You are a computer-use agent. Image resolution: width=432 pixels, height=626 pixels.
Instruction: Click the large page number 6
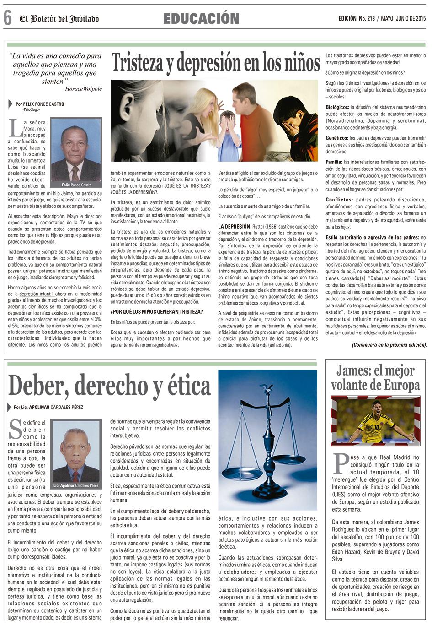click(x=7, y=18)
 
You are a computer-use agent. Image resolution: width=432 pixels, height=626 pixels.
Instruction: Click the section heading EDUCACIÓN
click(x=201, y=19)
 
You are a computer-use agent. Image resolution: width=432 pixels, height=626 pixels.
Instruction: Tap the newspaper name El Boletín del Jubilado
click(x=59, y=19)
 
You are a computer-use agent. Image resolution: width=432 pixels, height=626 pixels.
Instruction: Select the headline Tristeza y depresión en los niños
click(x=215, y=62)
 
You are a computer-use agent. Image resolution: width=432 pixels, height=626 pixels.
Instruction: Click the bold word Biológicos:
click(x=338, y=107)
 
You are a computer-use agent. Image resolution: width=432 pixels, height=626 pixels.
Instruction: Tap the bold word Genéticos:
click(x=337, y=138)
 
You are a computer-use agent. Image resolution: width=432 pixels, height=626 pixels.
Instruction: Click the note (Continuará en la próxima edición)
click(x=389, y=344)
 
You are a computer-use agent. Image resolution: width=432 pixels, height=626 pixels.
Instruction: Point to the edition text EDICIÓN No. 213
click(x=357, y=18)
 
